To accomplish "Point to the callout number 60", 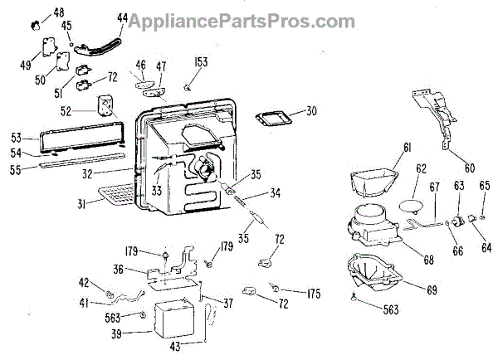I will (469, 167).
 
